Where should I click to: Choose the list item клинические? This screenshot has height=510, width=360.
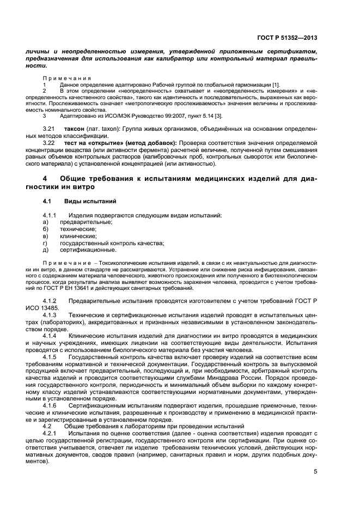pos(78,236)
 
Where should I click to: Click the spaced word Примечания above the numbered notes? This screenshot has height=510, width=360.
pos(67,78)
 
